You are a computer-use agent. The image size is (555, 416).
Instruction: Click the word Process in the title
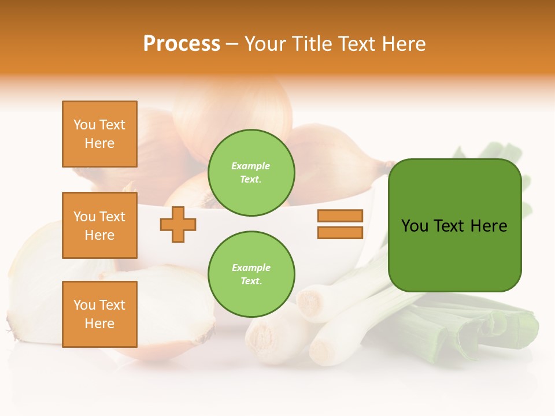pos(182,43)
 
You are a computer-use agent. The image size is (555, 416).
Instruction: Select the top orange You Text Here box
pos(99,134)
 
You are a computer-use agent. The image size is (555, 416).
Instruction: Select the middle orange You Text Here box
pos(99,225)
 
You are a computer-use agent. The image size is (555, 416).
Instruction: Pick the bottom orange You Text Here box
pos(99,314)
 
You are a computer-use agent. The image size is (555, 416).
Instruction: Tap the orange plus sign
pos(178,224)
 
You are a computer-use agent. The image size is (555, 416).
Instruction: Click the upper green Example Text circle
pos(251,173)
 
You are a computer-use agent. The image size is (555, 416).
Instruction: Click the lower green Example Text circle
pos(251,274)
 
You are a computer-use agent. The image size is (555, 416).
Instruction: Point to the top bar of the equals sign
pos(340,216)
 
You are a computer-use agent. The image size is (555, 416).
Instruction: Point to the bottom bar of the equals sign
pos(340,233)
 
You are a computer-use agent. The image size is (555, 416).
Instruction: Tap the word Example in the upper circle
pos(251,166)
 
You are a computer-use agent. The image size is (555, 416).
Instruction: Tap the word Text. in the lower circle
pos(251,281)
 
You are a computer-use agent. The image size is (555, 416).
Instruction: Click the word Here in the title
pos(401,43)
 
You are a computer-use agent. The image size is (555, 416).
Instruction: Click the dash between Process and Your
pos(232,44)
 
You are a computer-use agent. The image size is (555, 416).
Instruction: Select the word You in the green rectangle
pos(415,226)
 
